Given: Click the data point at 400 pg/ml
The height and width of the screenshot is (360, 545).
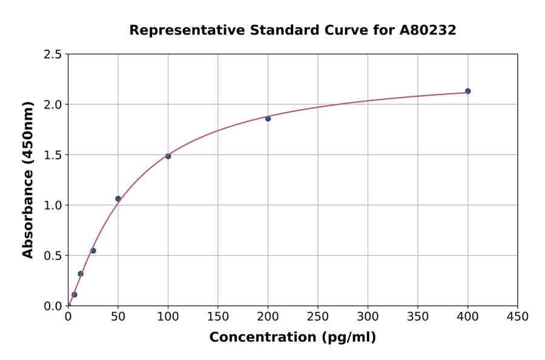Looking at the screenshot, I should pyautogui.click(x=467, y=91).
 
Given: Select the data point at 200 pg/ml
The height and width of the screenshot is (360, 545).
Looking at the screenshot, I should pyautogui.click(x=268, y=119).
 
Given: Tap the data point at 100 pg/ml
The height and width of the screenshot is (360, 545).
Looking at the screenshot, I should pyautogui.click(x=168, y=156).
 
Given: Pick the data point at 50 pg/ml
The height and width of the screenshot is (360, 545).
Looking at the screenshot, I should pyautogui.click(x=118, y=199).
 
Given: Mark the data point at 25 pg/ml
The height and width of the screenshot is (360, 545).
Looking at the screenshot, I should pyautogui.click(x=93, y=250).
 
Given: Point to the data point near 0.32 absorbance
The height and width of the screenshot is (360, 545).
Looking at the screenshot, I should pyautogui.click(x=81, y=273).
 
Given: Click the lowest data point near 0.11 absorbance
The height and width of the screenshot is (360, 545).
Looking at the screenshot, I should pyautogui.click(x=74, y=295).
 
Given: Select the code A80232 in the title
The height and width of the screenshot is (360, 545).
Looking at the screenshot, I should pyautogui.click(x=428, y=30).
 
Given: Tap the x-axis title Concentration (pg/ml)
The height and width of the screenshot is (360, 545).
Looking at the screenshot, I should pyautogui.click(x=292, y=338).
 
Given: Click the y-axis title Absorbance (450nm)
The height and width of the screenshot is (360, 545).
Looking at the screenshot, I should pyautogui.click(x=28, y=179).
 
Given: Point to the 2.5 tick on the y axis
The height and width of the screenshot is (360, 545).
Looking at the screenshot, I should pyautogui.click(x=52, y=55).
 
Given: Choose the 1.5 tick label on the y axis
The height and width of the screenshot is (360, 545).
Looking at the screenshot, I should pyautogui.click(x=52, y=155).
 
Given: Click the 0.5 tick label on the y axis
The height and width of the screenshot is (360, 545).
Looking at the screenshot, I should pyautogui.click(x=52, y=256).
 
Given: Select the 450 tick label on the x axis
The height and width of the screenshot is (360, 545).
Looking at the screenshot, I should pyautogui.click(x=517, y=317).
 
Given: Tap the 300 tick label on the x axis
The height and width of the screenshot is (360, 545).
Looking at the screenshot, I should pyautogui.click(x=368, y=317).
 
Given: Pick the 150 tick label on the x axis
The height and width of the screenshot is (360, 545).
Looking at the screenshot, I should pyautogui.click(x=218, y=317).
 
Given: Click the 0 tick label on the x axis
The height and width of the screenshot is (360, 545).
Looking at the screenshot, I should pyautogui.click(x=68, y=317).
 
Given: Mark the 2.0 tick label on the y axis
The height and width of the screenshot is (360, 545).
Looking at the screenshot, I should pyautogui.click(x=52, y=105).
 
